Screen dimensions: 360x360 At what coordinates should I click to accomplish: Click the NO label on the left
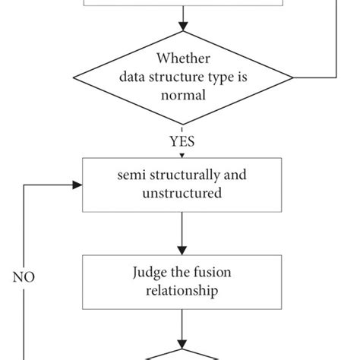pos(24,277)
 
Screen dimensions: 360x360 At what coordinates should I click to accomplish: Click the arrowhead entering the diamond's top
pos(182,30)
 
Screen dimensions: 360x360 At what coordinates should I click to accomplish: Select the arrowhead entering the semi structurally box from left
pos(77,185)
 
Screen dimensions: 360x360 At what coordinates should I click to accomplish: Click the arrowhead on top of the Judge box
pos(182,249)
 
